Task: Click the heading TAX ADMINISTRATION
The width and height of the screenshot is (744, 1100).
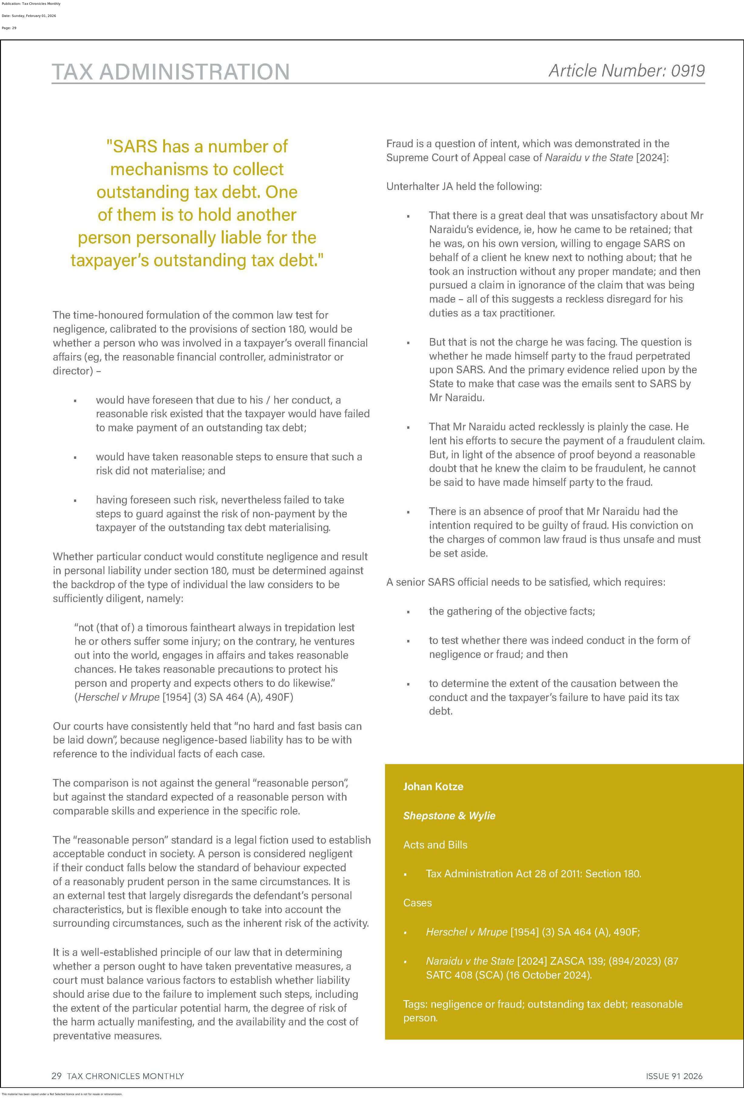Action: pos(171,72)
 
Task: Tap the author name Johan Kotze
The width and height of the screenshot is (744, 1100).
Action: pos(433,786)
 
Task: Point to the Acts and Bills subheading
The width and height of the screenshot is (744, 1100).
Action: pos(435,844)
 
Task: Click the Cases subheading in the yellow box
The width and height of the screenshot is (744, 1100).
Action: pos(418,903)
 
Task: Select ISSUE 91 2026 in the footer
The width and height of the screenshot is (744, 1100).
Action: pos(674,1076)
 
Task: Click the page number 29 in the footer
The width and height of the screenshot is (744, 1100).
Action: pos(56,1076)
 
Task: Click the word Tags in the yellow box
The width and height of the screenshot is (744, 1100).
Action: pos(414,1004)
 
